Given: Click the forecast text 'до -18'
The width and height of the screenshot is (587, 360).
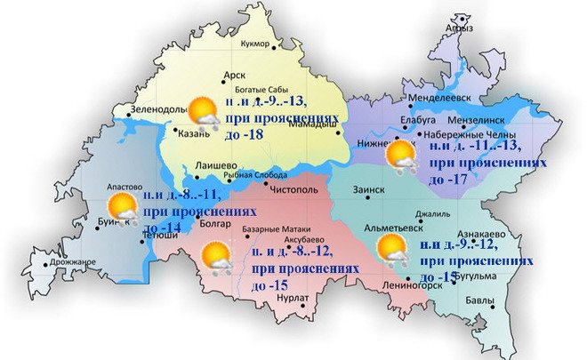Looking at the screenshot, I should (264, 133).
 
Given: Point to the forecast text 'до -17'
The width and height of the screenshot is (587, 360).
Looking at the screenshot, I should (449, 179).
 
